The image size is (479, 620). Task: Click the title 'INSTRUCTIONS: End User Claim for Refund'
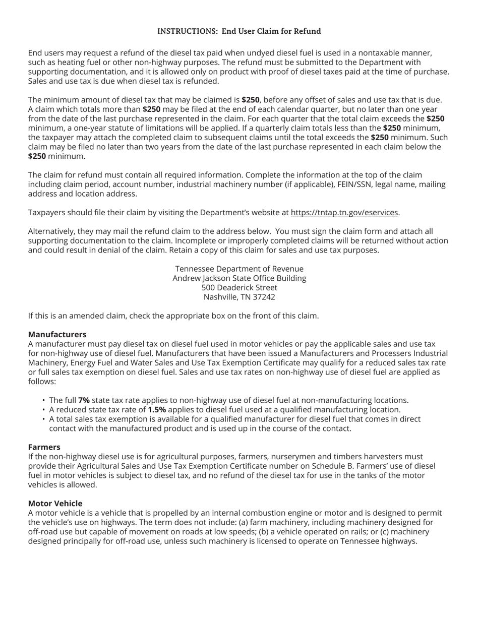click(239, 31)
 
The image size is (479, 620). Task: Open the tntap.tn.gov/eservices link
click(344, 213)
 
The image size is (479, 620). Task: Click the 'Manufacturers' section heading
click(57, 335)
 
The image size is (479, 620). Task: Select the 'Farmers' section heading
click(44, 447)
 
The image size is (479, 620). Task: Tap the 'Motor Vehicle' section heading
click(55, 504)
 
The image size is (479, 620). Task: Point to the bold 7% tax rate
click(84, 400)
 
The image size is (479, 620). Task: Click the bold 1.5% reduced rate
click(157, 410)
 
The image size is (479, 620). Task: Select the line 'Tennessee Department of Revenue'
click(239, 269)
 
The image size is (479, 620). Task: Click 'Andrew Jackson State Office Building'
click(239, 278)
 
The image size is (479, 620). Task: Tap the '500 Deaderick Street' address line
click(239, 288)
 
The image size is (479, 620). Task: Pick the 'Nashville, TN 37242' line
click(239, 297)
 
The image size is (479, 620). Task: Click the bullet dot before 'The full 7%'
click(44, 401)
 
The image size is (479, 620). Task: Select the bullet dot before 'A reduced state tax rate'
click(44, 410)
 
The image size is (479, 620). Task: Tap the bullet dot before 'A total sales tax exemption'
click(44, 419)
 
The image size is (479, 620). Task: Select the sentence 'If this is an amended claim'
click(173, 316)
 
